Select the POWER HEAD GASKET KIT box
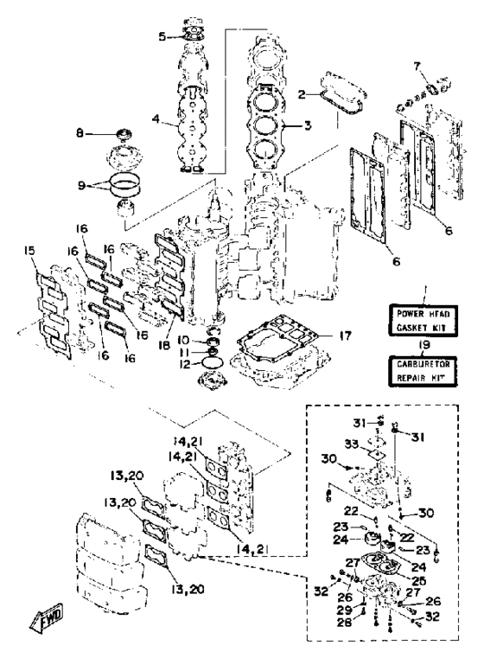coord(423,320)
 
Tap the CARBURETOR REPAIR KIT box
coord(423,371)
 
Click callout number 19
coord(423,345)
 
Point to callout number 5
coord(162,36)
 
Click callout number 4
coord(156,119)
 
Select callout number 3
coord(308,125)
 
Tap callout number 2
coord(302,95)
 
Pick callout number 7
coord(417,67)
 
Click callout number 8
coord(80,133)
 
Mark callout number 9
coord(82,185)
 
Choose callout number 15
coord(29,251)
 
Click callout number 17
coord(346,335)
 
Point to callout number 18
coord(164,345)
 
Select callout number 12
coord(185,364)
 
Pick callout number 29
coord(345,609)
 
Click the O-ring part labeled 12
coord(213,362)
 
